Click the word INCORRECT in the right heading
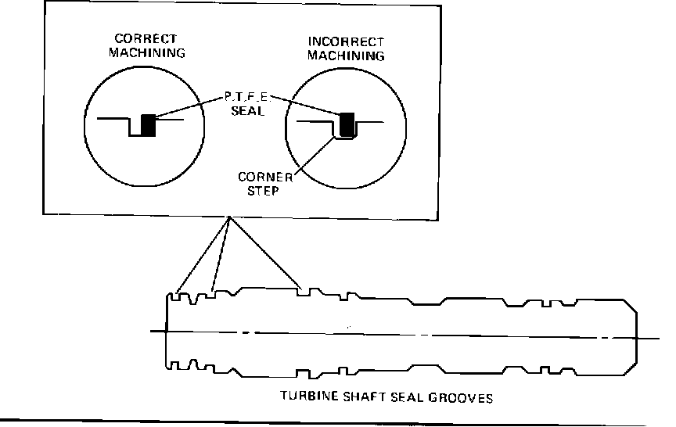[x=345, y=41]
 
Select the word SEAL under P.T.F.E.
[x=245, y=112]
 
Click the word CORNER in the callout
[x=264, y=176]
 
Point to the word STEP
[x=264, y=188]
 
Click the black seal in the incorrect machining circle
[x=347, y=123]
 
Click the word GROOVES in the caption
[x=462, y=397]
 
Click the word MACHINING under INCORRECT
[x=345, y=56]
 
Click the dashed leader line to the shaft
[x=221, y=254]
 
